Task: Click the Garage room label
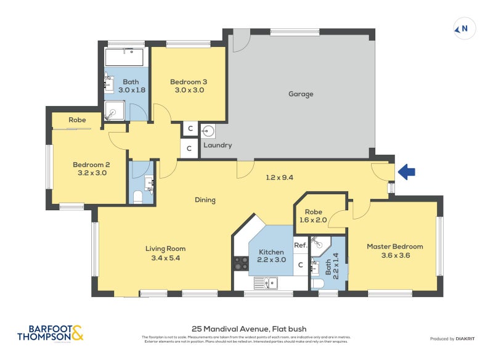pyautogui.click(x=301, y=94)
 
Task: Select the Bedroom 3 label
pyautogui.click(x=187, y=82)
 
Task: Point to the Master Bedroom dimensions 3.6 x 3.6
pyautogui.click(x=394, y=255)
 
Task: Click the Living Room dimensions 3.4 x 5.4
pyautogui.click(x=165, y=258)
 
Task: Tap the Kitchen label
pyautogui.click(x=271, y=252)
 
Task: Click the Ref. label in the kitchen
pyautogui.click(x=300, y=245)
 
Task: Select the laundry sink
pyautogui.click(x=208, y=131)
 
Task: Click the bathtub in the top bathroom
pyautogui.click(x=124, y=58)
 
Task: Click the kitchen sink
pyautogui.click(x=269, y=283)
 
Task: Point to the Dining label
pyautogui.click(x=205, y=200)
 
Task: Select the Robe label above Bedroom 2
pyautogui.click(x=77, y=120)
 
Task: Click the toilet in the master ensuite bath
pyautogui.click(x=318, y=283)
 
